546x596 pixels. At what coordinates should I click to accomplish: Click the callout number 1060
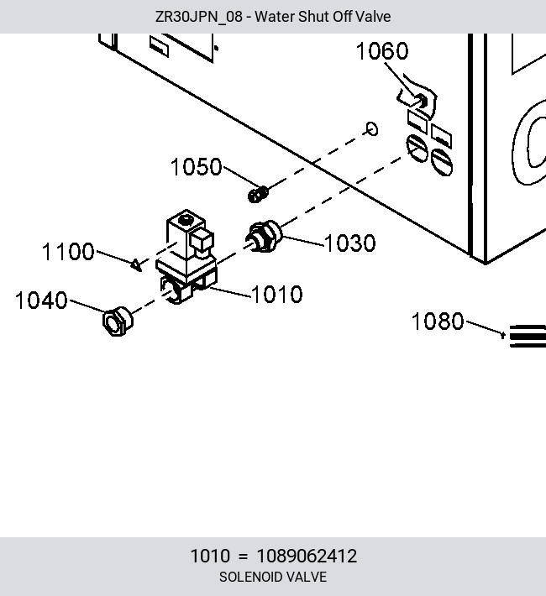pyautogui.click(x=382, y=51)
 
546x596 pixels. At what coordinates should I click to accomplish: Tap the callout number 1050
pyautogui.click(x=197, y=166)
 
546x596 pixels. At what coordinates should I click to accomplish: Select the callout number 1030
pyautogui.click(x=350, y=243)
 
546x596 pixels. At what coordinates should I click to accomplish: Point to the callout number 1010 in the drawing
pyautogui.click(x=277, y=294)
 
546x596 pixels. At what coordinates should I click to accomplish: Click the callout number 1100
pyautogui.click(x=68, y=252)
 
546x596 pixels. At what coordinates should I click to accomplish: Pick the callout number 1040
pyautogui.click(x=41, y=301)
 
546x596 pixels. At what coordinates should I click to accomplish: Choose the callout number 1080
pyautogui.click(x=438, y=322)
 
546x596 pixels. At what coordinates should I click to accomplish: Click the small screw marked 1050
pyautogui.click(x=258, y=194)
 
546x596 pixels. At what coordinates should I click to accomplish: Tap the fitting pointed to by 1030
pyautogui.click(x=264, y=237)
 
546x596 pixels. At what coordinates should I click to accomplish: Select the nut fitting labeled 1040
pyautogui.click(x=118, y=322)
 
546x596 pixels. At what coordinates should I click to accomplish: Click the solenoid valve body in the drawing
pyautogui.click(x=186, y=257)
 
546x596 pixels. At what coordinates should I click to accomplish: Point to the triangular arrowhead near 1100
pyautogui.click(x=136, y=264)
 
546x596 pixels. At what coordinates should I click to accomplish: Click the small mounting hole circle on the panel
pyautogui.click(x=372, y=129)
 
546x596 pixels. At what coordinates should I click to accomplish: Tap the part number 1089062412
pyautogui.click(x=307, y=556)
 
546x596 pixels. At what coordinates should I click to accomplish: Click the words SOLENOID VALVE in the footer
pyautogui.click(x=273, y=577)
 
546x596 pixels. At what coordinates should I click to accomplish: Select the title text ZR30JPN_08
pyautogui.click(x=198, y=17)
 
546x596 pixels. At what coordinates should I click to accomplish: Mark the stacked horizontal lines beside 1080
pyautogui.click(x=528, y=336)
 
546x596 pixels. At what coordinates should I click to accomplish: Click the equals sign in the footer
pyautogui.click(x=243, y=557)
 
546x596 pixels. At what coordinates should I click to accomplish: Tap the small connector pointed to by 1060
pyautogui.click(x=421, y=102)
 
